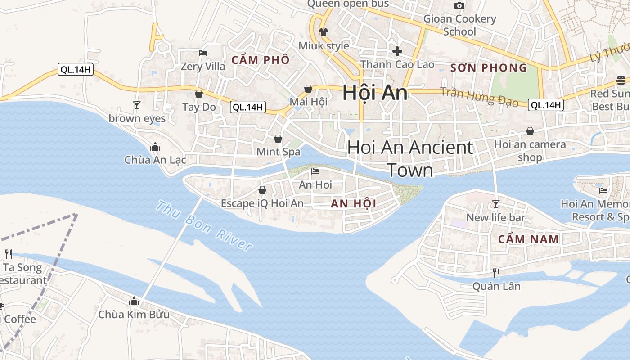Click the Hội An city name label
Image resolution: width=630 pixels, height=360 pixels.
375,93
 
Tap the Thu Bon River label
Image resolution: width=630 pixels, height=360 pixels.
204,225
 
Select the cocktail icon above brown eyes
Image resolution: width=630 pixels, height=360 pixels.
137,105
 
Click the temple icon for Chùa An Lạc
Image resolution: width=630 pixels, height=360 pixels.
155,147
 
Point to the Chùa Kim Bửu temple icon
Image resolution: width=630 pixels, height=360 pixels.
134,301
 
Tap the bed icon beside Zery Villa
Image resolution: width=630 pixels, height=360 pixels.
203,53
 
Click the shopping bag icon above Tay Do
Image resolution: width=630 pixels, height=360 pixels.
199,94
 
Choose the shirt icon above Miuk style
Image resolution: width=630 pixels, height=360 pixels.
324,32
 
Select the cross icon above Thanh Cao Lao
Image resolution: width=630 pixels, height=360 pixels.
397,51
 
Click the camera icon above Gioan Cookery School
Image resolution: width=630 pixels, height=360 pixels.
459,5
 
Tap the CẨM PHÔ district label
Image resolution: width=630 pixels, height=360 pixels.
261,60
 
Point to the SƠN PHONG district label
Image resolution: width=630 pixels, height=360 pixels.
488,68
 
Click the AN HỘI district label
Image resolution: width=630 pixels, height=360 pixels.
353,203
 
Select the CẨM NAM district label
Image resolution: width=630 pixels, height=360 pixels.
528,239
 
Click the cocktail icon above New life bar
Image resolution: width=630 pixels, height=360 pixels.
495,204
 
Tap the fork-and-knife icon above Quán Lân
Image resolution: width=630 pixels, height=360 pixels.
496,273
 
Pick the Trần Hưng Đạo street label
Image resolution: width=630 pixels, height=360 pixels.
479,97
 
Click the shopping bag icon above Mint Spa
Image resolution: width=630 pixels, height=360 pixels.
278,139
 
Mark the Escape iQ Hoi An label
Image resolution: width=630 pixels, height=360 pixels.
262,203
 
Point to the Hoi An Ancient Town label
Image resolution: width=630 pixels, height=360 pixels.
410,158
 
